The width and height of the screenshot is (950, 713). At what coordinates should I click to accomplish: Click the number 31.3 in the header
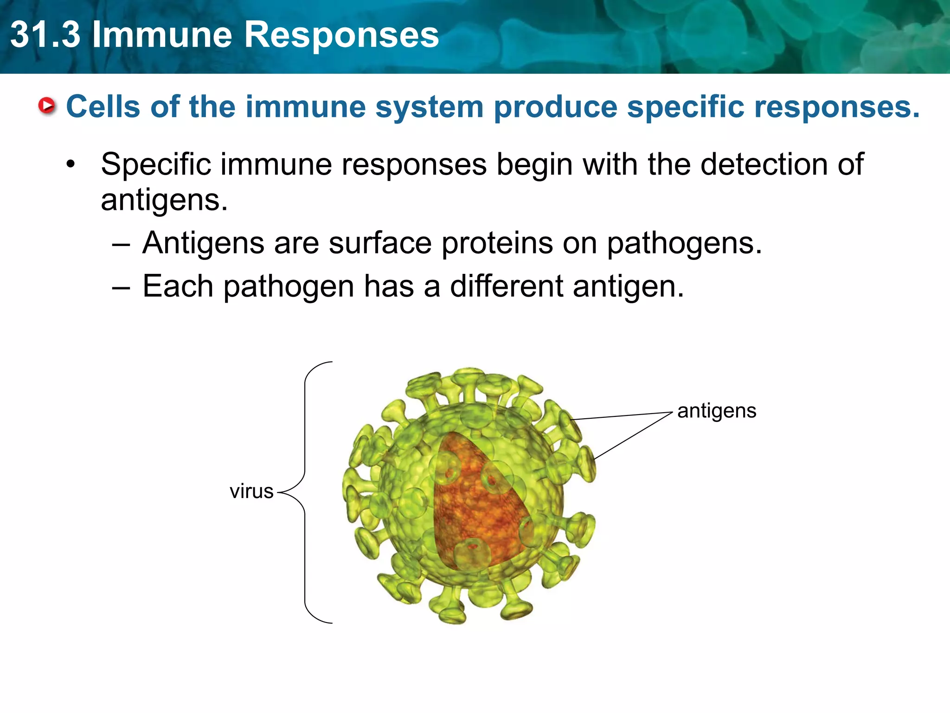point(45,35)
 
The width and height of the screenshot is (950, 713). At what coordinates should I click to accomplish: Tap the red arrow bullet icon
point(47,106)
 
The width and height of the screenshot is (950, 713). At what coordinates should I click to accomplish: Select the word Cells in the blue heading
point(103,107)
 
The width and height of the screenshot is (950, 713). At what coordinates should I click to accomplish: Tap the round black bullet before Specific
point(70,164)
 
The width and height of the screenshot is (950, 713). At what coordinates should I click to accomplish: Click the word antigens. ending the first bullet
point(164,201)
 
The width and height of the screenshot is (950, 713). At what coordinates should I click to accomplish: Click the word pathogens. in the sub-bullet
point(684,244)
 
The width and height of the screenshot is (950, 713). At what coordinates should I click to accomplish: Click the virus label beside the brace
point(251,491)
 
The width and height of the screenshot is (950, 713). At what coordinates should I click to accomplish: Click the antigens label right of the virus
point(717,411)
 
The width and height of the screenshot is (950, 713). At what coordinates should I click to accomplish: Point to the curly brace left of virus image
point(305,492)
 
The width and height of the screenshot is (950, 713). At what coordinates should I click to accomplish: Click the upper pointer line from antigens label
point(622,416)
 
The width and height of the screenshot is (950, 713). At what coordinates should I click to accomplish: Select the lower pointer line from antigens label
point(633,436)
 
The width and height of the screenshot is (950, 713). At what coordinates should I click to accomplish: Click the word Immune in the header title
point(162,35)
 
